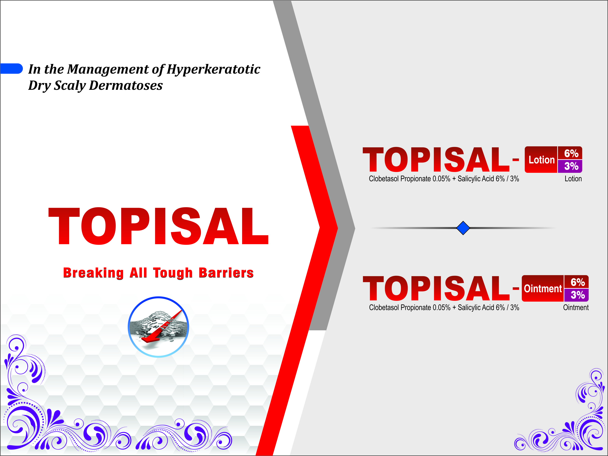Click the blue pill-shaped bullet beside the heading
point(11,69)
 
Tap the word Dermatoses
point(126,85)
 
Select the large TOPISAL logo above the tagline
point(158,226)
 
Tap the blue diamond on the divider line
point(463,228)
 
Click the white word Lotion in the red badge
point(542,160)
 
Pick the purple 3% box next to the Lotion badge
point(570,166)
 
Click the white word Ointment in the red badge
point(543,289)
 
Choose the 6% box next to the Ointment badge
point(576,282)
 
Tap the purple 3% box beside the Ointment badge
point(576,295)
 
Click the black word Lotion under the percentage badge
point(573,179)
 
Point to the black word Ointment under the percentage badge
point(576,308)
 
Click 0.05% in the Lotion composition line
point(441,179)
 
